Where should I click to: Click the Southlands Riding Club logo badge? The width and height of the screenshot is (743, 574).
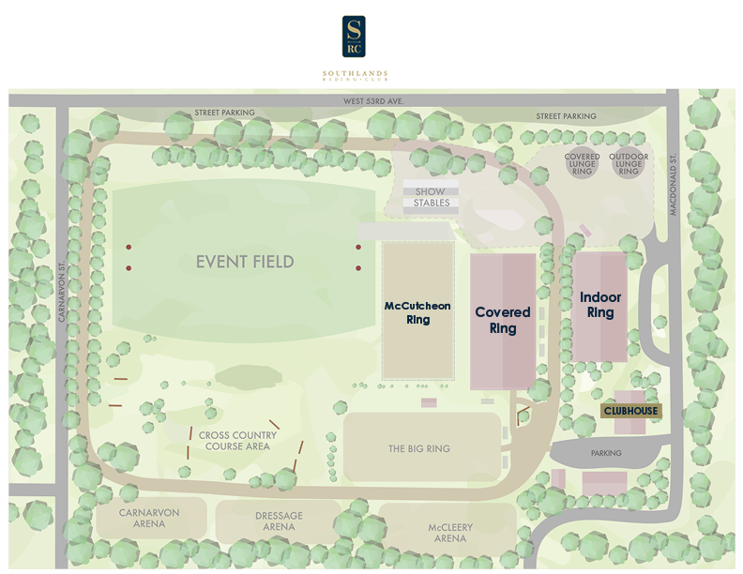(354, 37)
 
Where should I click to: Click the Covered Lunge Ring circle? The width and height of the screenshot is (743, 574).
(582, 165)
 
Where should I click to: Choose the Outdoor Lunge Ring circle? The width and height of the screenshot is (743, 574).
(629, 165)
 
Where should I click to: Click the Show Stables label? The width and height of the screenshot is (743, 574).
(432, 197)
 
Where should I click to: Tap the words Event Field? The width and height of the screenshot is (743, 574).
(245, 262)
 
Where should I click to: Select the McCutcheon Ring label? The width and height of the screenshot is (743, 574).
(417, 312)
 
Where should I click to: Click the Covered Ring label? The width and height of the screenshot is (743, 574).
(503, 320)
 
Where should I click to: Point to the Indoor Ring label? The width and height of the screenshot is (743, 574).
(600, 305)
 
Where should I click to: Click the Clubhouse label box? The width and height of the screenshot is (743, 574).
(630, 411)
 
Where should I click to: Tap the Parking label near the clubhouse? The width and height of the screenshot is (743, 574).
(606, 453)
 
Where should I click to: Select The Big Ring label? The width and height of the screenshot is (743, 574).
(419, 449)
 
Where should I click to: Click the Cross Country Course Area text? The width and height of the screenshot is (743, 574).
(237, 441)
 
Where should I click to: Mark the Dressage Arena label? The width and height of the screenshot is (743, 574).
(279, 521)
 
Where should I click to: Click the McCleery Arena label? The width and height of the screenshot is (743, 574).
(450, 533)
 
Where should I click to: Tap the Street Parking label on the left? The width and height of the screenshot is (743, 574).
(224, 113)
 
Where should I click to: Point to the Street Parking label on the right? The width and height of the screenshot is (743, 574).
(566, 116)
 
